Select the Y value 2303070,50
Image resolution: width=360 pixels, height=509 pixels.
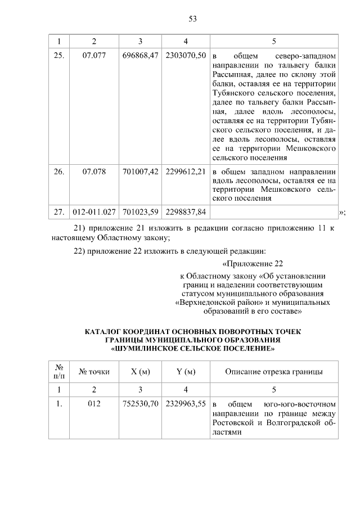[186, 56]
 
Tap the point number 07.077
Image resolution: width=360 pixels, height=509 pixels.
[94, 56]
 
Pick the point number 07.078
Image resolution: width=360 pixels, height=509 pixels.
[94, 172]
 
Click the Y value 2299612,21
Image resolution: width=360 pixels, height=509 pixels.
[186, 172]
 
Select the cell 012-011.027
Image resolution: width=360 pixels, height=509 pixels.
[94, 211]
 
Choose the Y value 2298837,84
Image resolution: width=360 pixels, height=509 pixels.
[186, 211]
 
